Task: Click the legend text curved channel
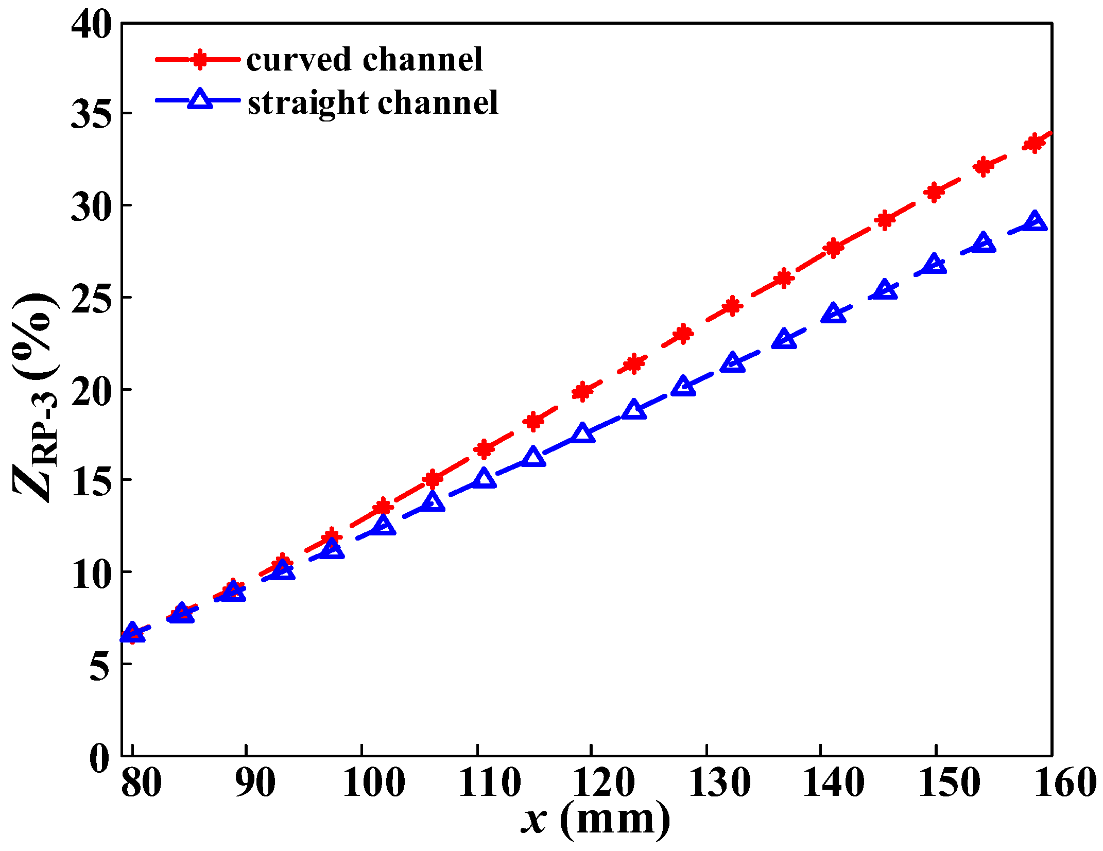click(x=364, y=60)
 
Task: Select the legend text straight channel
click(x=373, y=102)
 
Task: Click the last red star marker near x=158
click(x=1034, y=143)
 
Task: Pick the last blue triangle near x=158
click(x=1035, y=222)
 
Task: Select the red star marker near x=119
click(x=582, y=392)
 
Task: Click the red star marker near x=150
click(x=934, y=193)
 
